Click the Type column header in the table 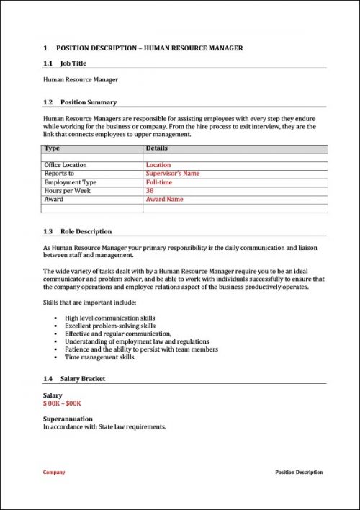tap(52, 148)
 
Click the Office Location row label tap(66, 165)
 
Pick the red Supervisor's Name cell tap(173, 174)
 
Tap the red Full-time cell tap(158, 182)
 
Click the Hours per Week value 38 tap(150, 191)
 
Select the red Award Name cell tap(164, 200)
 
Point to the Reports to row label tap(59, 174)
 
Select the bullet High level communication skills tap(109, 318)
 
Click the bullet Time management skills tap(100, 357)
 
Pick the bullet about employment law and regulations tap(137, 341)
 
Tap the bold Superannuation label tap(68, 418)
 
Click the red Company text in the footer tap(54, 473)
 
